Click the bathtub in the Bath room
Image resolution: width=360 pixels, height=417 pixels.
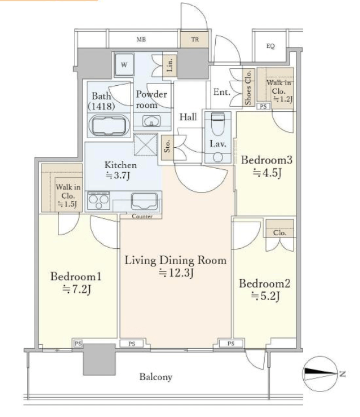tap(109, 126)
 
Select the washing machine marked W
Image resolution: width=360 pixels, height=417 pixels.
tap(124, 65)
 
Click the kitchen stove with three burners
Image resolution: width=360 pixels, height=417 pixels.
tap(99, 201)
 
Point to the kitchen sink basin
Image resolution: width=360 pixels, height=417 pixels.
tap(144, 201)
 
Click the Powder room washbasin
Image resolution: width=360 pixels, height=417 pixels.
tap(151, 122)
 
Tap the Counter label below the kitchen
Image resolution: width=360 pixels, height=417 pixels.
tap(143, 216)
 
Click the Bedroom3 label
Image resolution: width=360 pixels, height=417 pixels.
tap(267, 160)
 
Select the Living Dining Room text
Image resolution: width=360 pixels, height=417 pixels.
tap(175, 260)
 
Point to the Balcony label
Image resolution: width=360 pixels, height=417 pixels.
tap(156, 377)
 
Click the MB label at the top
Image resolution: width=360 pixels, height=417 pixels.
tap(141, 39)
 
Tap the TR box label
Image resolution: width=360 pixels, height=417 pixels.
tap(195, 39)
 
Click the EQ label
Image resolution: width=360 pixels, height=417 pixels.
tap(270, 46)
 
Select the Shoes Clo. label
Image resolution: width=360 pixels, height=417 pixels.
tap(248, 87)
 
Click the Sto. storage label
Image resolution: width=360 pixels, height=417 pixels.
tap(167, 147)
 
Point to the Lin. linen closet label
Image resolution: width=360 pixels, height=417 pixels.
tap(169, 65)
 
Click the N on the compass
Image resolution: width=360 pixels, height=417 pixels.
tap(342, 374)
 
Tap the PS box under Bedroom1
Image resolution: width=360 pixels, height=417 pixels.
tap(78, 343)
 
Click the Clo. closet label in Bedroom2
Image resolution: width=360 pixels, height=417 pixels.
tap(280, 233)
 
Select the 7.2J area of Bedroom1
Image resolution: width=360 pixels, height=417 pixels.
tap(77, 289)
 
